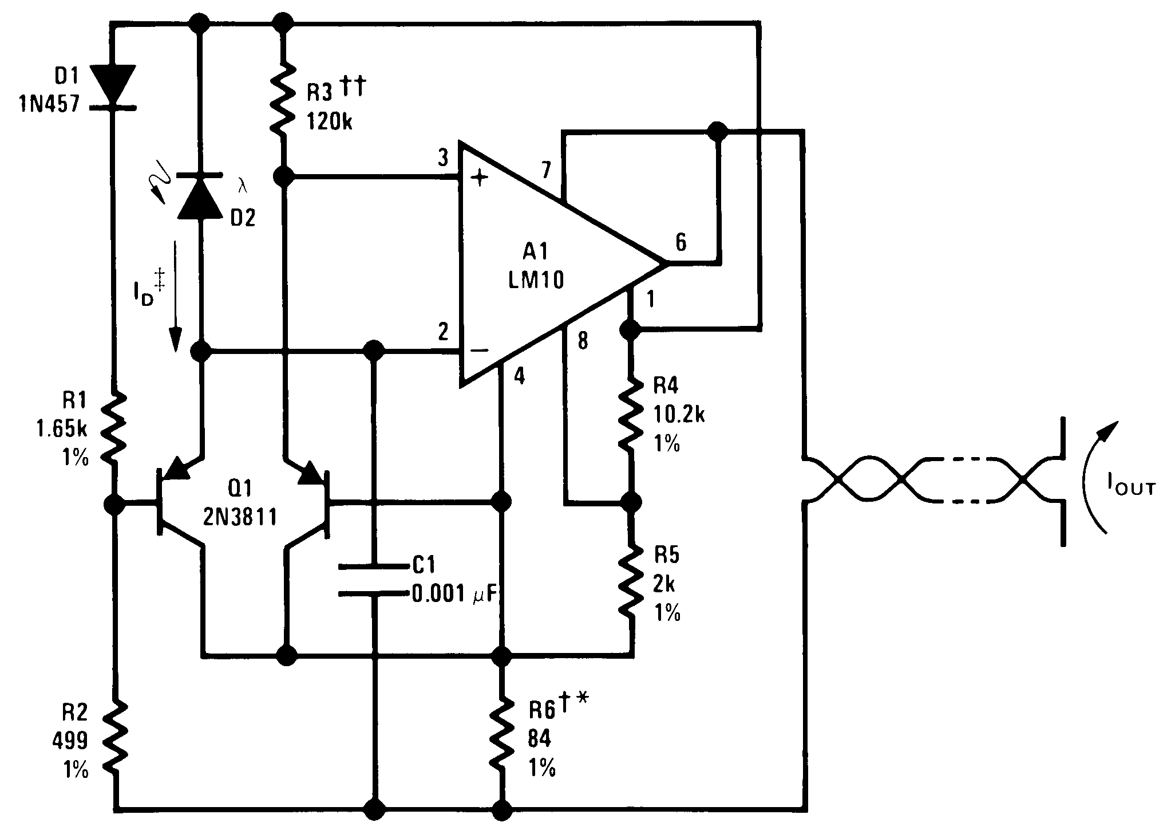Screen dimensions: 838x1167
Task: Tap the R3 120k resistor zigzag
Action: (x=283, y=101)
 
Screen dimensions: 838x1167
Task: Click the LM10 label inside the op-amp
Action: (x=536, y=280)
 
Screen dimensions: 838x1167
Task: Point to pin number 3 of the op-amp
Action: (x=442, y=159)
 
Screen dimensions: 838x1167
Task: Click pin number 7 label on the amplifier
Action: (x=545, y=170)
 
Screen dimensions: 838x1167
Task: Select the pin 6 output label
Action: (x=680, y=242)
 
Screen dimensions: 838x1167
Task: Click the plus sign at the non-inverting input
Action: (x=480, y=179)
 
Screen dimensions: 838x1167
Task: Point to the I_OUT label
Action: (x=1130, y=487)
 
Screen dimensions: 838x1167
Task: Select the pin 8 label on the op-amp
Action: (x=582, y=342)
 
